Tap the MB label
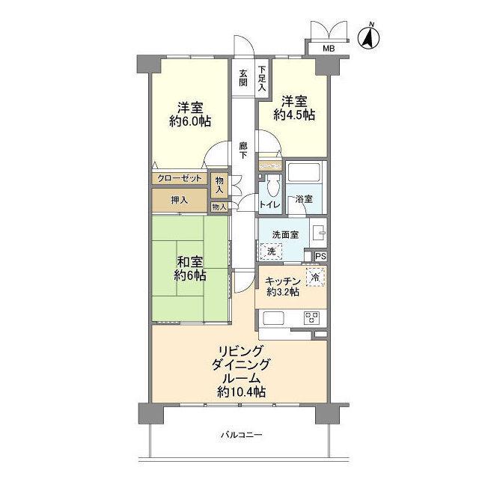tap(328, 49)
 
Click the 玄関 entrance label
tap(243, 78)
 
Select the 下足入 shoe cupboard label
tap(262, 78)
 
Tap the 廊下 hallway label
tap(243, 150)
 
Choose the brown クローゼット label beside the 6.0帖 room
tap(180, 179)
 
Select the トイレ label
tap(269, 204)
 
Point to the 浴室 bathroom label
tap(304, 200)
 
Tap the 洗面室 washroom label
tap(285, 234)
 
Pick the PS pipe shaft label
tap(320, 257)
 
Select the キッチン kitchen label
tap(283, 281)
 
